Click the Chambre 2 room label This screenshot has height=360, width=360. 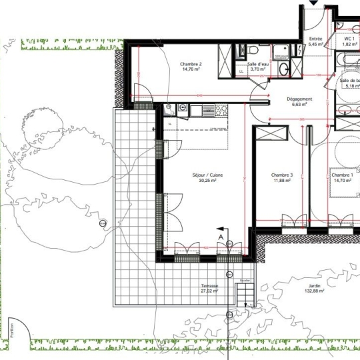(191, 64)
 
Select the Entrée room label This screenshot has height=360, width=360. (315, 39)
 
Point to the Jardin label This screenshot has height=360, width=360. (310, 285)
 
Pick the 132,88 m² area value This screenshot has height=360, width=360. (310, 291)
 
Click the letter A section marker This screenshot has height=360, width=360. (220, 237)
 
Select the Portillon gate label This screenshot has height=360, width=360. (11, 331)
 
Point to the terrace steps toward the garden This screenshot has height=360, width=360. (245, 293)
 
